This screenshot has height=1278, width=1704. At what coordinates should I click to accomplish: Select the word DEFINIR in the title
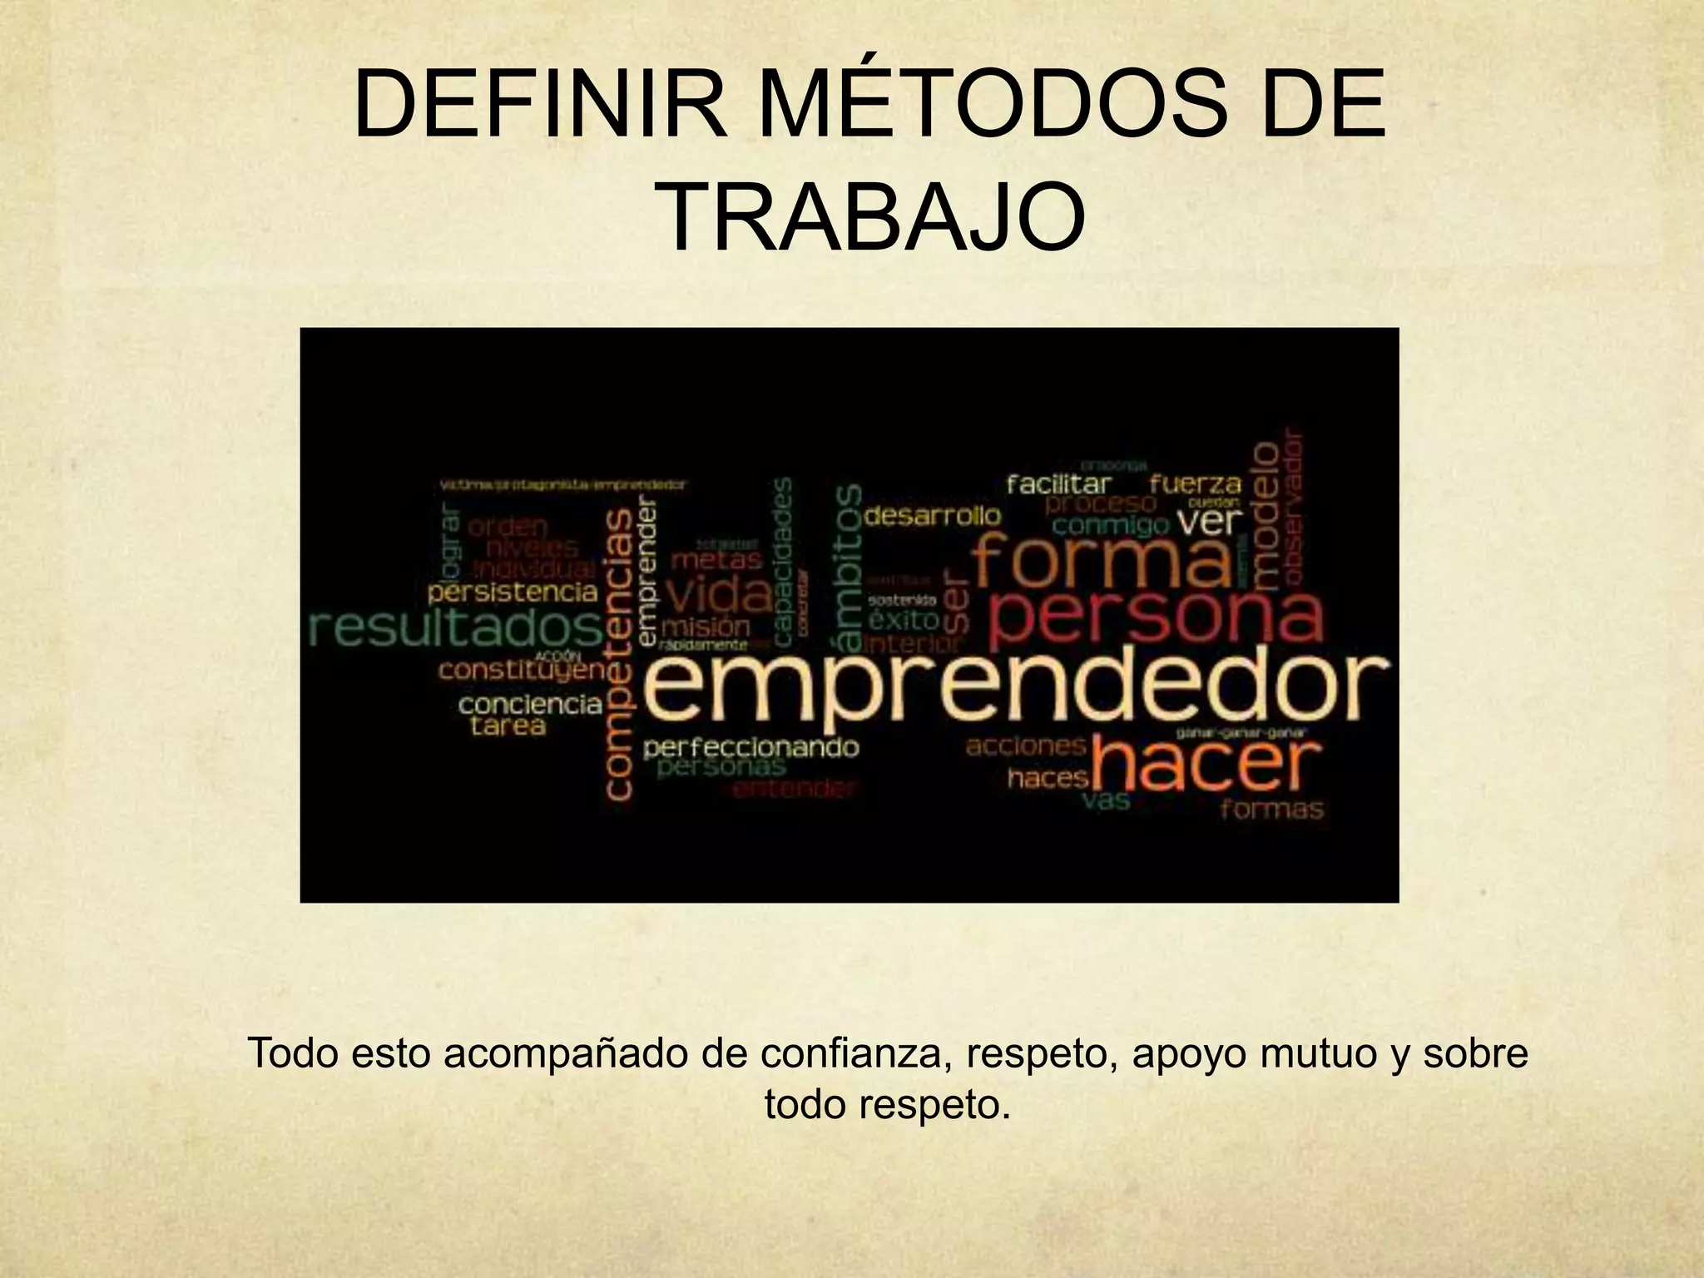(540, 108)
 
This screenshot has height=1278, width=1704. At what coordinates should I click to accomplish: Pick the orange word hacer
(1206, 765)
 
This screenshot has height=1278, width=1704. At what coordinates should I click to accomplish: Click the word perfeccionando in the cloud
(750, 746)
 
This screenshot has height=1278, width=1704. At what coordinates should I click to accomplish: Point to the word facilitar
(1058, 483)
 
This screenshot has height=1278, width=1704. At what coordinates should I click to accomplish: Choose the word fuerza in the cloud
(1195, 483)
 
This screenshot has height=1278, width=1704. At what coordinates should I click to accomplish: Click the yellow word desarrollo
(933, 516)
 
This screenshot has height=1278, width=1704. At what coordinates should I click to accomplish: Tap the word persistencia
(513, 592)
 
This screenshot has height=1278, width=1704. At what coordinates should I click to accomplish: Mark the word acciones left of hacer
(1026, 745)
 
